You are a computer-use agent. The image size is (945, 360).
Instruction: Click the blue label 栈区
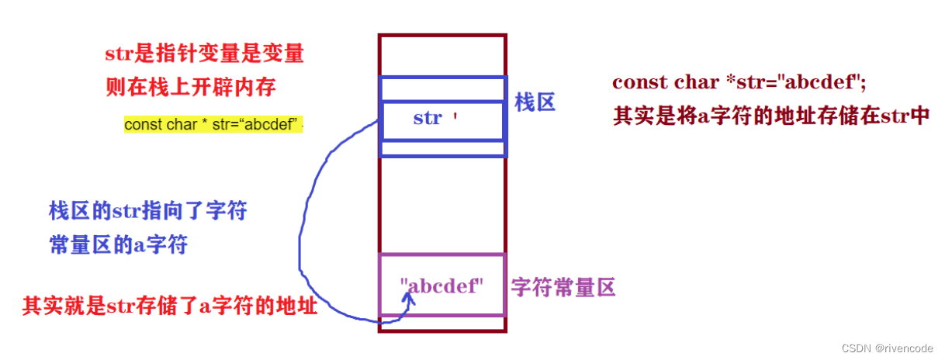click(x=535, y=102)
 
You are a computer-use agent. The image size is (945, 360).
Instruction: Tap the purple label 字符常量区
click(x=562, y=289)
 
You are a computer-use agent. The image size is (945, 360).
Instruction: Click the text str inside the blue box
click(x=427, y=118)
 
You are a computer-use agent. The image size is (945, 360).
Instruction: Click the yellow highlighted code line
click(x=213, y=124)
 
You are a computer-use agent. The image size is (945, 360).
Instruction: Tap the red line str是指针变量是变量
click(x=204, y=54)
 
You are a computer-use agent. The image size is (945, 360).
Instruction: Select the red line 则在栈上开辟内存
click(x=190, y=86)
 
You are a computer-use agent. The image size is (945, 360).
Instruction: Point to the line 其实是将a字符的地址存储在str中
click(x=770, y=116)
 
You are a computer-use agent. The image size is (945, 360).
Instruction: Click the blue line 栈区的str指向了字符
click(x=148, y=210)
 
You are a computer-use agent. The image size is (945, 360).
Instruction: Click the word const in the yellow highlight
click(x=144, y=125)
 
